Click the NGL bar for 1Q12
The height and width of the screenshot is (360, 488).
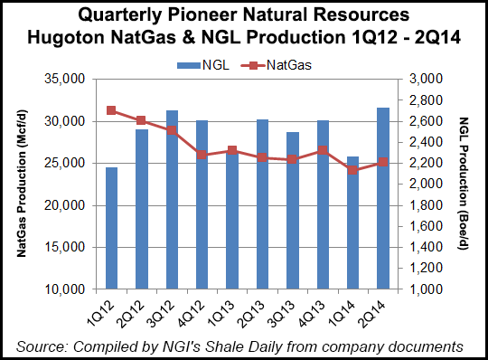click(112, 228)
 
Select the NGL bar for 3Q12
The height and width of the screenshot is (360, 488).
click(172, 199)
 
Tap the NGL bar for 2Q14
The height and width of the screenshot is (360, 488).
click(382, 198)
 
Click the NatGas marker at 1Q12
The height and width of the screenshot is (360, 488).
click(111, 110)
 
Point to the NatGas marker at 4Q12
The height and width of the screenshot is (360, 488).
click(202, 155)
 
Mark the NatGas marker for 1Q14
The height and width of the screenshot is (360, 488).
click(352, 170)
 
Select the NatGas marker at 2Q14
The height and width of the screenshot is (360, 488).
click(382, 162)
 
